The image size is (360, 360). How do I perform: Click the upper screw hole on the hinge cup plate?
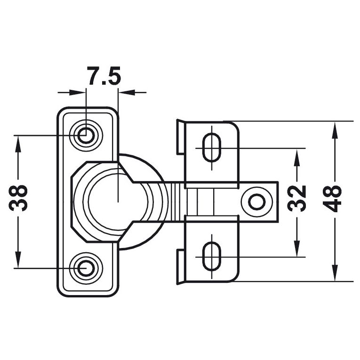[x=86, y=136]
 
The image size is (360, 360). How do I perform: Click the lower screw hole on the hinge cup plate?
[x=86, y=268]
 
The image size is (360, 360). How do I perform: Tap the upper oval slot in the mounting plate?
[x=211, y=147]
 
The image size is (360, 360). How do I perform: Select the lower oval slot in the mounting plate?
[x=211, y=256]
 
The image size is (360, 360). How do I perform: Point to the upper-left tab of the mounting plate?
[x=180, y=137]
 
